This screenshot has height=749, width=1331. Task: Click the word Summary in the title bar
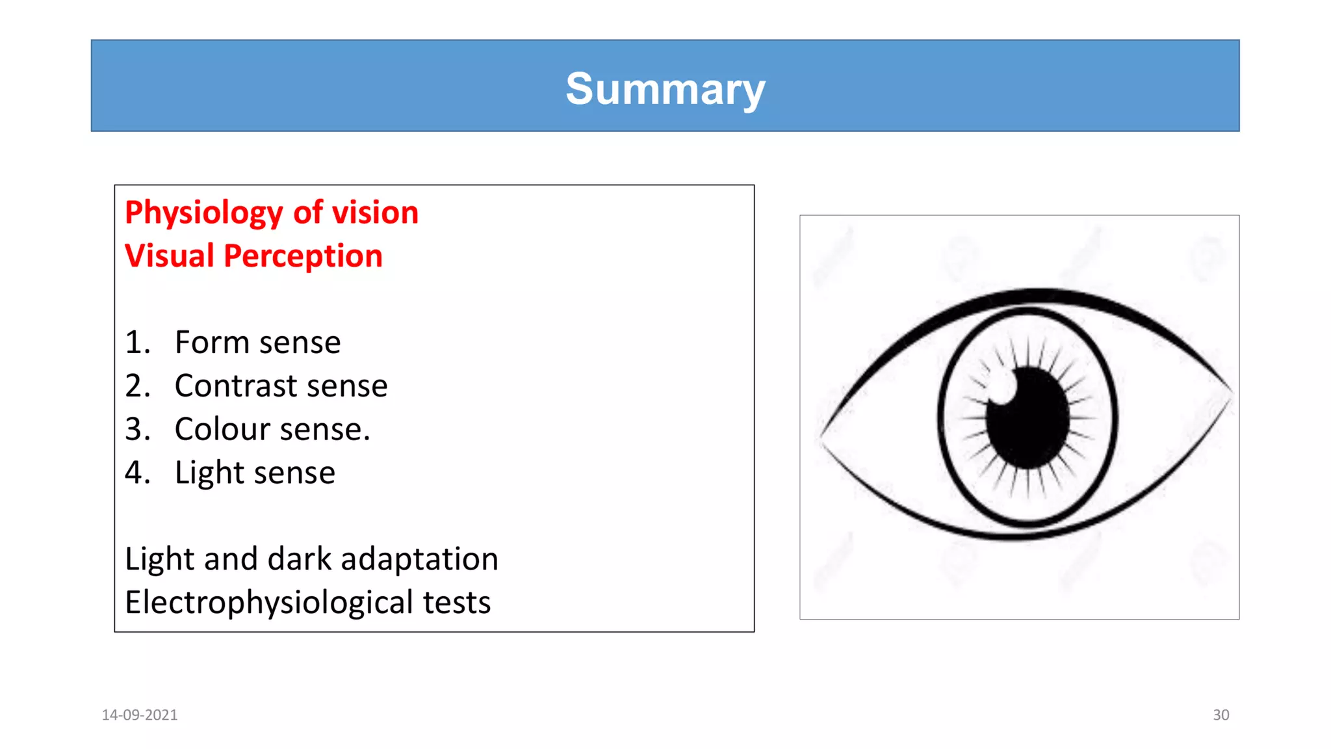(x=665, y=88)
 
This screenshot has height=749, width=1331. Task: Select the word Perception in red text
(x=303, y=256)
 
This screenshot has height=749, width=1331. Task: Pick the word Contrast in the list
(x=235, y=386)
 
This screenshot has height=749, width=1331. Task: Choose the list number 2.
(x=136, y=386)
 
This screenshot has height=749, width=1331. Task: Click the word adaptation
(x=419, y=559)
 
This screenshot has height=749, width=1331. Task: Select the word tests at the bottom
(x=456, y=603)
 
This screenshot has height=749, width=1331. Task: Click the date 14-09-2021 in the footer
(x=140, y=715)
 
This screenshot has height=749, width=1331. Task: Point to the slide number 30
(x=1221, y=715)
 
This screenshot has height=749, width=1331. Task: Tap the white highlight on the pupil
(x=1002, y=388)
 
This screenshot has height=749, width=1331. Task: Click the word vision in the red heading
(x=375, y=213)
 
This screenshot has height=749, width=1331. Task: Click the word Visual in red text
(x=169, y=256)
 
